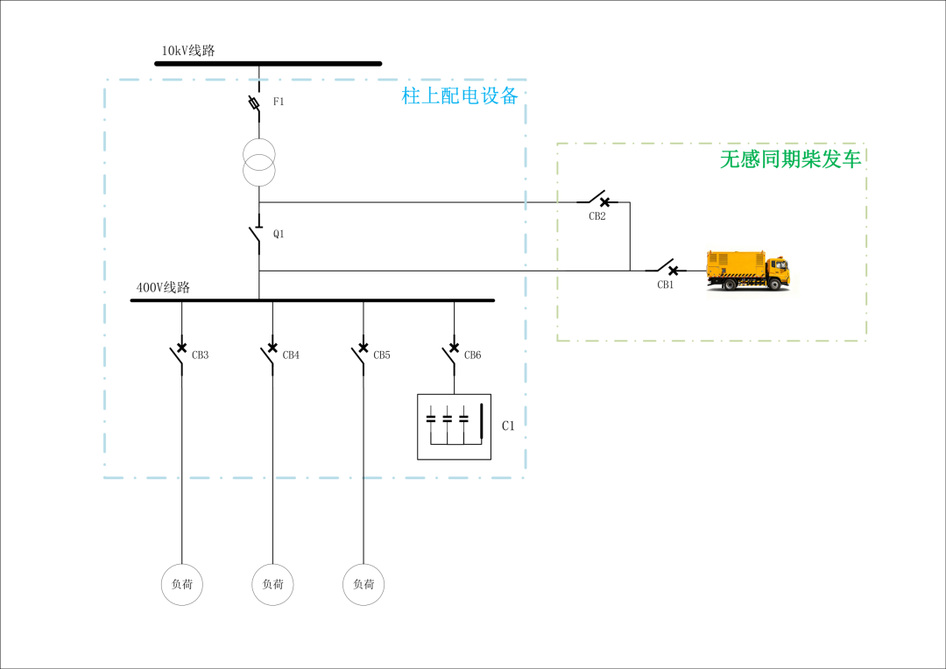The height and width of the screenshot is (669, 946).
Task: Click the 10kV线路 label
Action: coord(187,51)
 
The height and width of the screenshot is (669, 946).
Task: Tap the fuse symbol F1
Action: coord(256,103)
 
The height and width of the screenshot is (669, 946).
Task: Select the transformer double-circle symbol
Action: coord(258,162)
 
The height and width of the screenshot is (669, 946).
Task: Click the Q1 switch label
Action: coord(279,234)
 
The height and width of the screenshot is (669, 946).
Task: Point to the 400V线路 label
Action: coord(163,287)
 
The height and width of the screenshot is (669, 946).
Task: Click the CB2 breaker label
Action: coord(597,216)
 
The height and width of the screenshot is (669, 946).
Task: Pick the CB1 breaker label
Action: coord(665,285)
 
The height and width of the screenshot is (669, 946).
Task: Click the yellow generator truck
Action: coord(748,271)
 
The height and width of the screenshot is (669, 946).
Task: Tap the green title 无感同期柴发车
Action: coord(790,159)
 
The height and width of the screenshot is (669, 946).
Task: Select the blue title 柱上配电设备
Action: coord(460,96)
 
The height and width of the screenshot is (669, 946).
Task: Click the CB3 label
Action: coord(200,356)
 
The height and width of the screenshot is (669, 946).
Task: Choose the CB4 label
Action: coord(291,356)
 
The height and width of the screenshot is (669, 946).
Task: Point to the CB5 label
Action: coord(381,356)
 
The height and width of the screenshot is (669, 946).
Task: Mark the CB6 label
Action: coord(472,356)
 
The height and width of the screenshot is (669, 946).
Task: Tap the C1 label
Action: coord(508,426)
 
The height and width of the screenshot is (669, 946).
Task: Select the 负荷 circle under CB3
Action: coord(181,564)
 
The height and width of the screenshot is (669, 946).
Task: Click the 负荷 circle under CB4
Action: coord(272,564)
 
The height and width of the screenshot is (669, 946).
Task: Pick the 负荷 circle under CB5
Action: coord(364,564)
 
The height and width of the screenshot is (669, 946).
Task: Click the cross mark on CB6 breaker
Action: coord(455,348)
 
